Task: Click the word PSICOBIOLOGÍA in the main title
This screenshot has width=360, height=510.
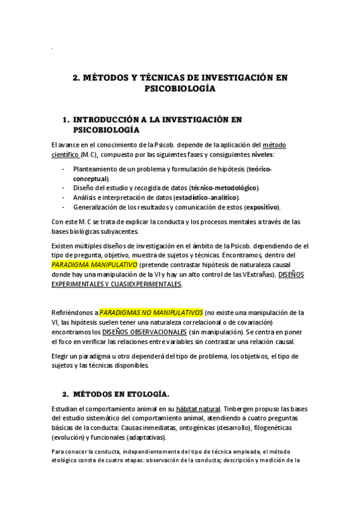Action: (x=180, y=88)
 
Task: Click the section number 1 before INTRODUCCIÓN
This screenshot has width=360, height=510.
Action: (x=64, y=120)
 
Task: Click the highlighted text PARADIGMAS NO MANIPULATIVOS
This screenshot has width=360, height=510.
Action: (x=151, y=313)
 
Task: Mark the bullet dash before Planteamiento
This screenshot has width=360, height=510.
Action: (x=64, y=170)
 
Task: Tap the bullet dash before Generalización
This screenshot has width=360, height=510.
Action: (x=64, y=207)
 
